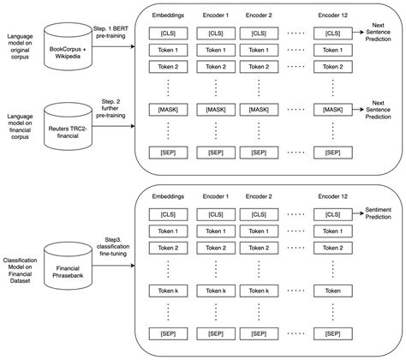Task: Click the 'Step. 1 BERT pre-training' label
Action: [112, 34]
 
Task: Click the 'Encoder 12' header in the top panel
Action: [333, 15]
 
